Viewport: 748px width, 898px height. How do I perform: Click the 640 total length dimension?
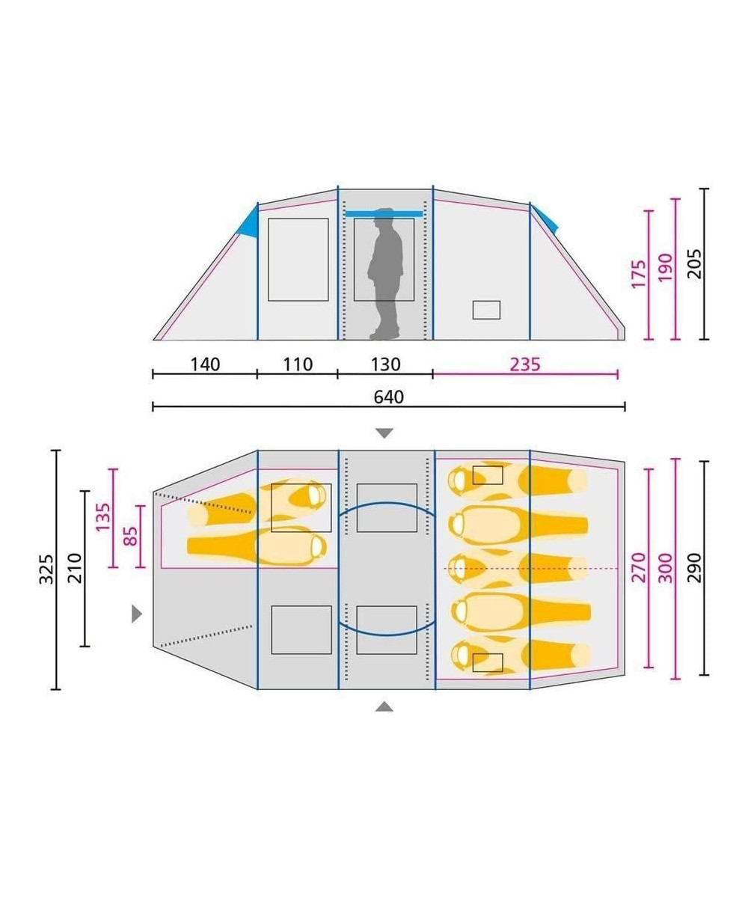pyautogui.click(x=388, y=397)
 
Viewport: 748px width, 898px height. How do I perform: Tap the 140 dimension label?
pyautogui.click(x=205, y=364)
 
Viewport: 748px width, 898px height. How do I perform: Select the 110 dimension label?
pyautogui.click(x=298, y=364)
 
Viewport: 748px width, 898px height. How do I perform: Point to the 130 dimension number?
pyautogui.click(x=386, y=364)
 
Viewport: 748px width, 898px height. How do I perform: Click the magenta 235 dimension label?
pyautogui.click(x=525, y=364)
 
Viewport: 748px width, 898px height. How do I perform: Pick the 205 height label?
pyautogui.click(x=695, y=264)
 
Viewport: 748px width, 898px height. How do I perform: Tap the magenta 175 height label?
pyautogui.click(x=638, y=274)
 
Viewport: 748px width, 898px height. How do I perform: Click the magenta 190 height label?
pyautogui.click(x=665, y=268)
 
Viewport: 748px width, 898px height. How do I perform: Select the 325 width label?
pyautogui.click(x=46, y=569)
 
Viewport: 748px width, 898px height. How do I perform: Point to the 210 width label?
pyautogui.click(x=74, y=568)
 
